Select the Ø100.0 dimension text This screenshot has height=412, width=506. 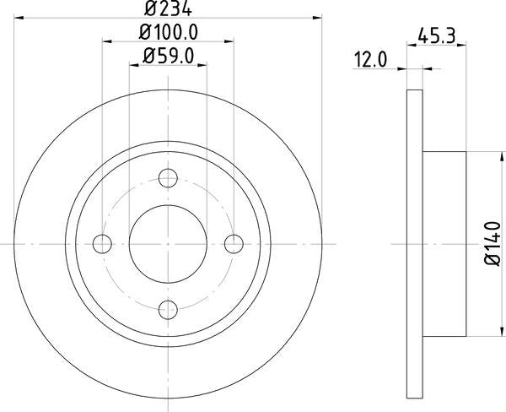[x=169, y=33]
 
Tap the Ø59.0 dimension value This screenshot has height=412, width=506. [x=169, y=57]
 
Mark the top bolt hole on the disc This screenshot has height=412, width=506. [x=169, y=178]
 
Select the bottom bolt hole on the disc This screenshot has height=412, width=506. [x=169, y=309]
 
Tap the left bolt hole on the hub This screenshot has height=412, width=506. [x=103, y=244]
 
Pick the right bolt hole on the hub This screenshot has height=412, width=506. [x=234, y=244]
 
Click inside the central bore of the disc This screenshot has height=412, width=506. [x=169, y=244]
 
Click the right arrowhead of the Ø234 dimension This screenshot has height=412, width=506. [x=318, y=15]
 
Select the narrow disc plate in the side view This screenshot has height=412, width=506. [x=414, y=244]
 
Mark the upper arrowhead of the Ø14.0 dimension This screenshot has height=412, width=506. [x=485, y=156]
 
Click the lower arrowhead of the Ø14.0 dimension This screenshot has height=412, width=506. [x=485, y=332]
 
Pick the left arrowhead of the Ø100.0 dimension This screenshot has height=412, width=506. [x=107, y=40]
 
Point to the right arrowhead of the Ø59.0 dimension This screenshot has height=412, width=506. [x=202, y=65]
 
